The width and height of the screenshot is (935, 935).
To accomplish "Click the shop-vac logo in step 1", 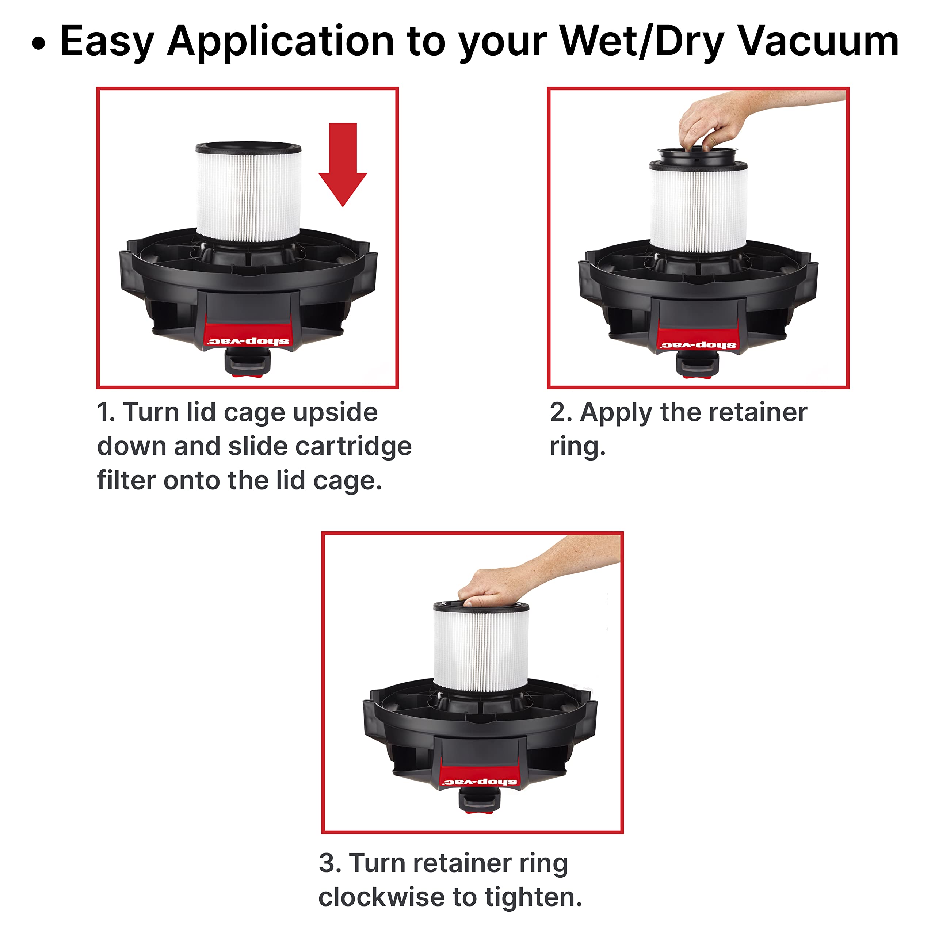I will pos(249,341).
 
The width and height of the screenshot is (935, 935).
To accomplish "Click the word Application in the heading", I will pos(281,42).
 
